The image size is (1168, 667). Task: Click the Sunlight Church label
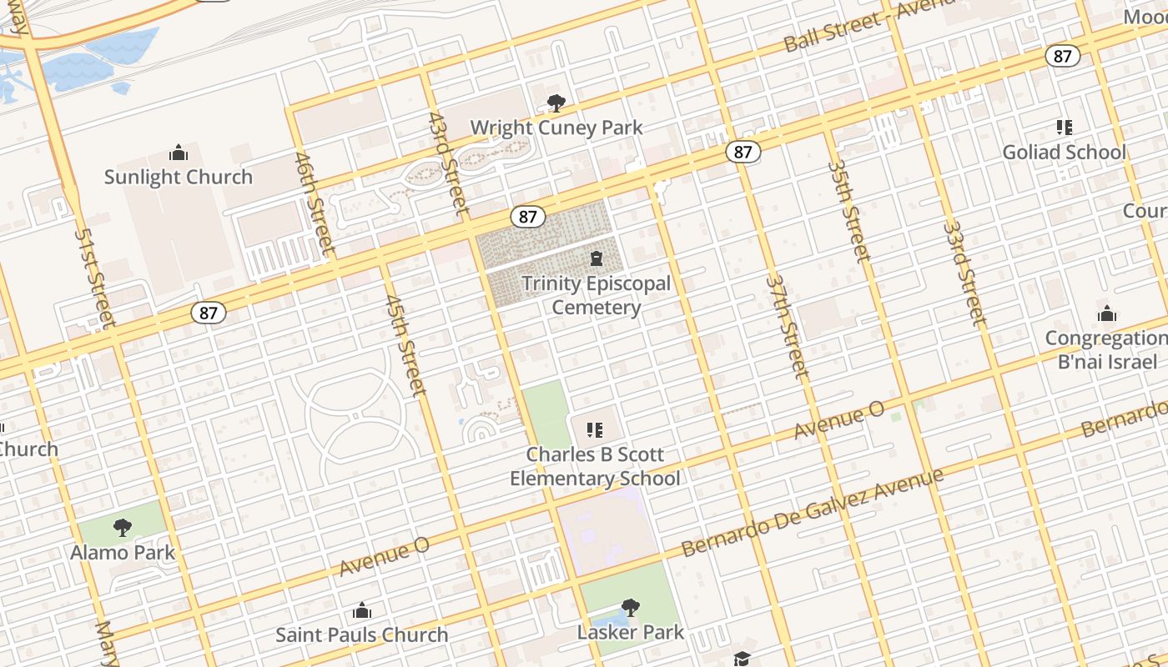[178, 177]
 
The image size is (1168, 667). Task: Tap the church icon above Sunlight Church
[178, 153]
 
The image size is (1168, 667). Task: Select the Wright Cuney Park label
[556, 128]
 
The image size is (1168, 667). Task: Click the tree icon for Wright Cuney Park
[556, 103]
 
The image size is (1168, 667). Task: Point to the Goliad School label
[1064, 153]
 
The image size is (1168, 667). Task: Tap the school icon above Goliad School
[1064, 128]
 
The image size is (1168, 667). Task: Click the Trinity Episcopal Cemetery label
[597, 295]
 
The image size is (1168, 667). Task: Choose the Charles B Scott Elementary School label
[595, 466]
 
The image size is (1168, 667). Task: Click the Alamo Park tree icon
[123, 527]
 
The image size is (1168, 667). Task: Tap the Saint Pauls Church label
[361, 634]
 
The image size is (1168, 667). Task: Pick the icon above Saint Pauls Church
[361, 611]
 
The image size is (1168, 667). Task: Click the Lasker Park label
[631, 632]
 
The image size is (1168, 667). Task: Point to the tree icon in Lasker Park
[631, 608]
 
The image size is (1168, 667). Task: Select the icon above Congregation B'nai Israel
[1107, 313]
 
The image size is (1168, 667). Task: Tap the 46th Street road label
[315, 203]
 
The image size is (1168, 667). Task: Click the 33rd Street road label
[964, 273]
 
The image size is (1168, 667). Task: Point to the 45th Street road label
[406, 344]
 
